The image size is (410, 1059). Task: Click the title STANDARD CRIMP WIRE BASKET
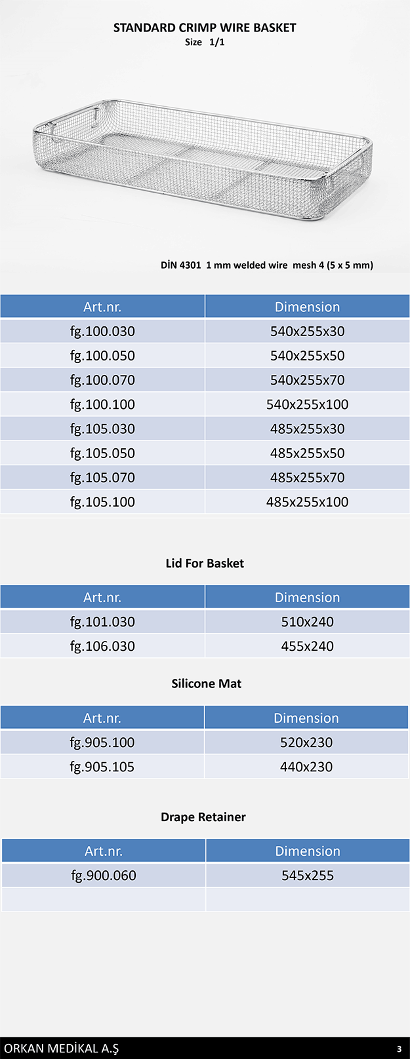click(x=205, y=28)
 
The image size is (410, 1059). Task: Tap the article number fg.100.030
click(x=102, y=332)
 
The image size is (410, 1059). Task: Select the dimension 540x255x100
click(x=307, y=405)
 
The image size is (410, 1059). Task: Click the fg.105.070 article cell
click(x=102, y=478)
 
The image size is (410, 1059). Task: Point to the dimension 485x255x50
click(x=307, y=453)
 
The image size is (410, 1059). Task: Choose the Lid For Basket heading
click(x=205, y=564)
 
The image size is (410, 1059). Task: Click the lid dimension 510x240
click(x=307, y=622)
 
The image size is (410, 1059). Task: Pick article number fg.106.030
click(x=102, y=646)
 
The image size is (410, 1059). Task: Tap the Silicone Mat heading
click(x=206, y=684)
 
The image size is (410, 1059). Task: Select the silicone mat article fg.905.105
click(x=102, y=767)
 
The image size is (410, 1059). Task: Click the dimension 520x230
click(x=306, y=742)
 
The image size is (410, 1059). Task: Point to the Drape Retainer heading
click(x=203, y=817)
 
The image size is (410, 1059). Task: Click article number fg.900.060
click(x=104, y=876)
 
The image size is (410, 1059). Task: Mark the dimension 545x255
click(x=308, y=876)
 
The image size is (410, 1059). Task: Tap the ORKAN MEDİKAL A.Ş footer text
click(x=62, y=1049)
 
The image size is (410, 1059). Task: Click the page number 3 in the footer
click(x=399, y=1049)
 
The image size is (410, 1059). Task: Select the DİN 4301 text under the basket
click(x=180, y=265)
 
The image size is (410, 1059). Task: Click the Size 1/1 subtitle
click(x=205, y=42)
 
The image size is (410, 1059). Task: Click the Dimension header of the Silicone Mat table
click(x=306, y=718)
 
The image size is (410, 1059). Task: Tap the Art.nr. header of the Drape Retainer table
click(x=104, y=851)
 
